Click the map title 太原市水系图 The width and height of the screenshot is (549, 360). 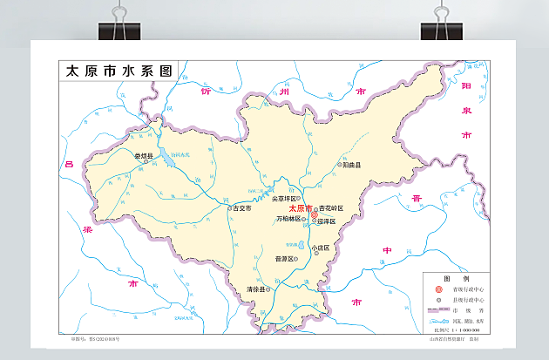click(x=119, y=71)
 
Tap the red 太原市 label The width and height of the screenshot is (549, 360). click(x=298, y=209)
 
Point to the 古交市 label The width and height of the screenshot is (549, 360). click(x=241, y=208)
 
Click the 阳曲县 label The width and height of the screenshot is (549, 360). click(x=351, y=163)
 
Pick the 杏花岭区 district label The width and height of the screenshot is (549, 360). click(x=331, y=208)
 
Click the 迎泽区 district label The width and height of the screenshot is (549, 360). click(x=328, y=221)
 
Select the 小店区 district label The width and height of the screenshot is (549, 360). click(x=322, y=247)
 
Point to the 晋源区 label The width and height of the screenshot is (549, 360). click(x=285, y=259)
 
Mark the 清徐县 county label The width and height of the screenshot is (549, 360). click(x=256, y=289)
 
